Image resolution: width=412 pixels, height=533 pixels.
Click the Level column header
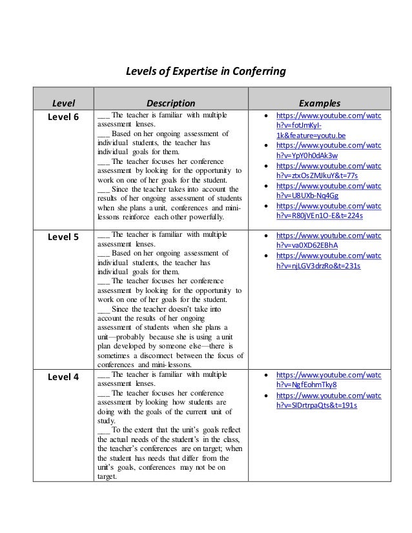63,102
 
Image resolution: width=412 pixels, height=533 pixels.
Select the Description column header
170,102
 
